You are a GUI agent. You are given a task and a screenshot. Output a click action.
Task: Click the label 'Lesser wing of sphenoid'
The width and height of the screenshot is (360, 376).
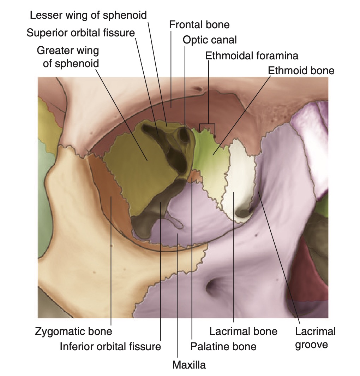(88, 15)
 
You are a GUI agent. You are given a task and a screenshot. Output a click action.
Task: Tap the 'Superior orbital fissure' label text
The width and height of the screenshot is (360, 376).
(81, 33)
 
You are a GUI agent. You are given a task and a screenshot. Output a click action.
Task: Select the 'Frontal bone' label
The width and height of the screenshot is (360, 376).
(199, 25)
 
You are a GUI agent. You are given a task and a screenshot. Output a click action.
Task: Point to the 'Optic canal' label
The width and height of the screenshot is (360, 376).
(210, 40)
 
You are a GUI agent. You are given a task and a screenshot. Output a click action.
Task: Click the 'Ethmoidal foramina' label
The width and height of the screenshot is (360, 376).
(252, 56)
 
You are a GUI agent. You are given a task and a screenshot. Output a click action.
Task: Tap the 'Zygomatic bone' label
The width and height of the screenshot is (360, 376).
(73, 331)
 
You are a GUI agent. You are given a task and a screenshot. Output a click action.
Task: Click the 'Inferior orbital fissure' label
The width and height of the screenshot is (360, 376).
(110, 346)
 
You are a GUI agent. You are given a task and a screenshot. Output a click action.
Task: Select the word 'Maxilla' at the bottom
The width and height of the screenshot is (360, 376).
(189, 364)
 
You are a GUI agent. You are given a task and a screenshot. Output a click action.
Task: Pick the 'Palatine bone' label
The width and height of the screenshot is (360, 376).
(223, 346)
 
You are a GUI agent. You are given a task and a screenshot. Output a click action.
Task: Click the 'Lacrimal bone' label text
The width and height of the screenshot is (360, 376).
(243, 331)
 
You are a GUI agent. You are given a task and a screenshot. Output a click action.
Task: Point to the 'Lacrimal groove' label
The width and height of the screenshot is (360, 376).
(315, 338)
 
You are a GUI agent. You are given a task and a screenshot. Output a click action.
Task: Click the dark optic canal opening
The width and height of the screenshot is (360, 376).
(184, 135)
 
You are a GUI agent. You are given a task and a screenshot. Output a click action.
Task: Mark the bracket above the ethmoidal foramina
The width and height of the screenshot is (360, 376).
(207, 124)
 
